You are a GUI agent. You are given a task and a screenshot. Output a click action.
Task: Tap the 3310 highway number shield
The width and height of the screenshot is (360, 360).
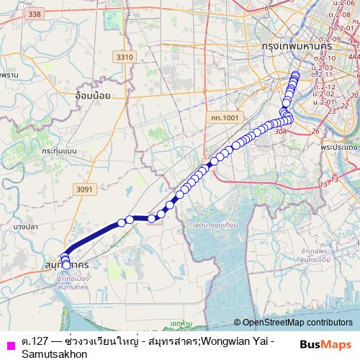[x=125, y=56]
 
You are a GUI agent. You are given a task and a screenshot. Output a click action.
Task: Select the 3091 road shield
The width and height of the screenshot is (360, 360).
[x=84, y=189]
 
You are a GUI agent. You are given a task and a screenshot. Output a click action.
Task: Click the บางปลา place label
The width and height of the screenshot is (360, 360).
[x=25, y=227]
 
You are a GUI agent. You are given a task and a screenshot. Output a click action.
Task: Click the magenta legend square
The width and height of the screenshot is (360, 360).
[x=10, y=343]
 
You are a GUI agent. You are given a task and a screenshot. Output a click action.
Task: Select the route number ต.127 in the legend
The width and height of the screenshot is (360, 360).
[x=34, y=340]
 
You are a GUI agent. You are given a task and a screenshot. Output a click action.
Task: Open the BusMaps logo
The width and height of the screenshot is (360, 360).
[x=325, y=344]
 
